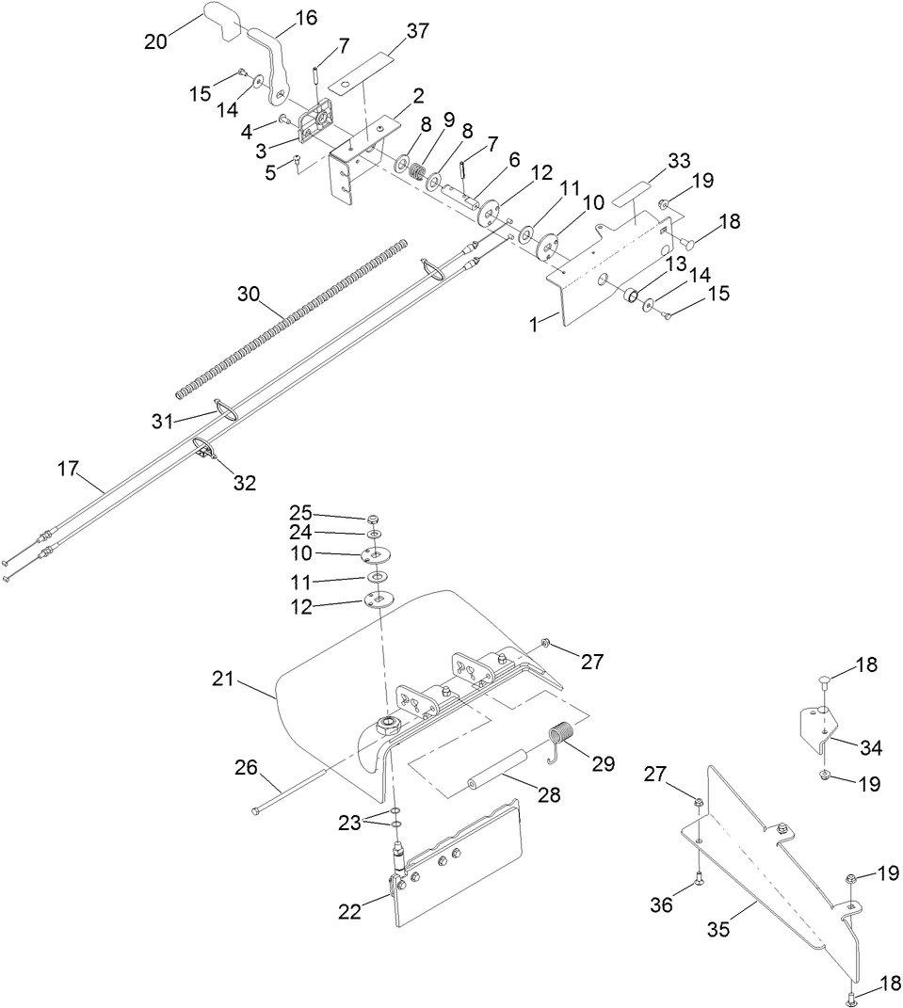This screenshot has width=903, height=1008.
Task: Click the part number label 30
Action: (x=248, y=294)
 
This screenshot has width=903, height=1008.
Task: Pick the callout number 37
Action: (x=417, y=31)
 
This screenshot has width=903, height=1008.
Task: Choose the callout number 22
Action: (x=349, y=911)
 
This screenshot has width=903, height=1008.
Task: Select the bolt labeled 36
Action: (x=698, y=879)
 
